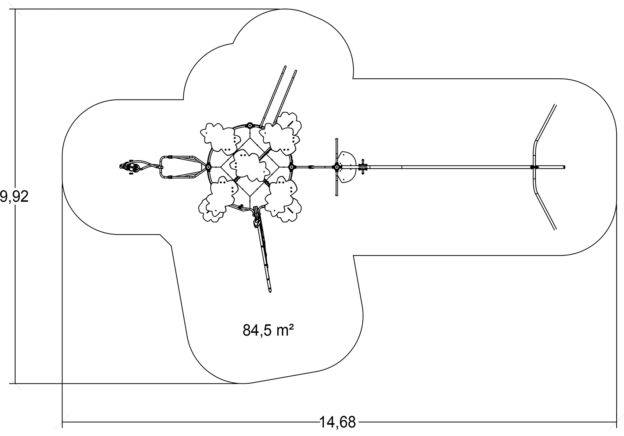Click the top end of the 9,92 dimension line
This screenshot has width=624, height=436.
[x=15, y=9]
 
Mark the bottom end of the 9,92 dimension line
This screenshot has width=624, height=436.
[x=15, y=383]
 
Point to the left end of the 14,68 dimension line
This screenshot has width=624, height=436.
[x=62, y=422]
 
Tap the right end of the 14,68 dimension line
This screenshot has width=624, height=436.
[x=616, y=422]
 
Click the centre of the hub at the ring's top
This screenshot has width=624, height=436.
[x=250, y=125]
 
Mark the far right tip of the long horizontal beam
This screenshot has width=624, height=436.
[x=564, y=167]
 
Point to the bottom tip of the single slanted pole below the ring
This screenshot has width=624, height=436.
[x=269, y=291]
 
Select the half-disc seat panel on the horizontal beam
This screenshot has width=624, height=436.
[x=348, y=167]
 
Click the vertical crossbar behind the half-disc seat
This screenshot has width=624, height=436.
[x=337, y=167]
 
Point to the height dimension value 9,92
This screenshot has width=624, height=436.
[x=14, y=197]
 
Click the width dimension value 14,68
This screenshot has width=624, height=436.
[x=337, y=422]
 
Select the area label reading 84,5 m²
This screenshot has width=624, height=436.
[x=268, y=330]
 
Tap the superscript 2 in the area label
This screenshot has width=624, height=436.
[x=291, y=327]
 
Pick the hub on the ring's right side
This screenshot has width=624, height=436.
[x=291, y=167]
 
